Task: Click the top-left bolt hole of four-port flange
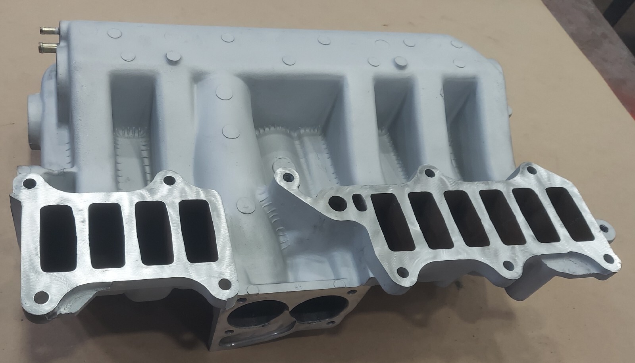pyautogui.click(x=28, y=184)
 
